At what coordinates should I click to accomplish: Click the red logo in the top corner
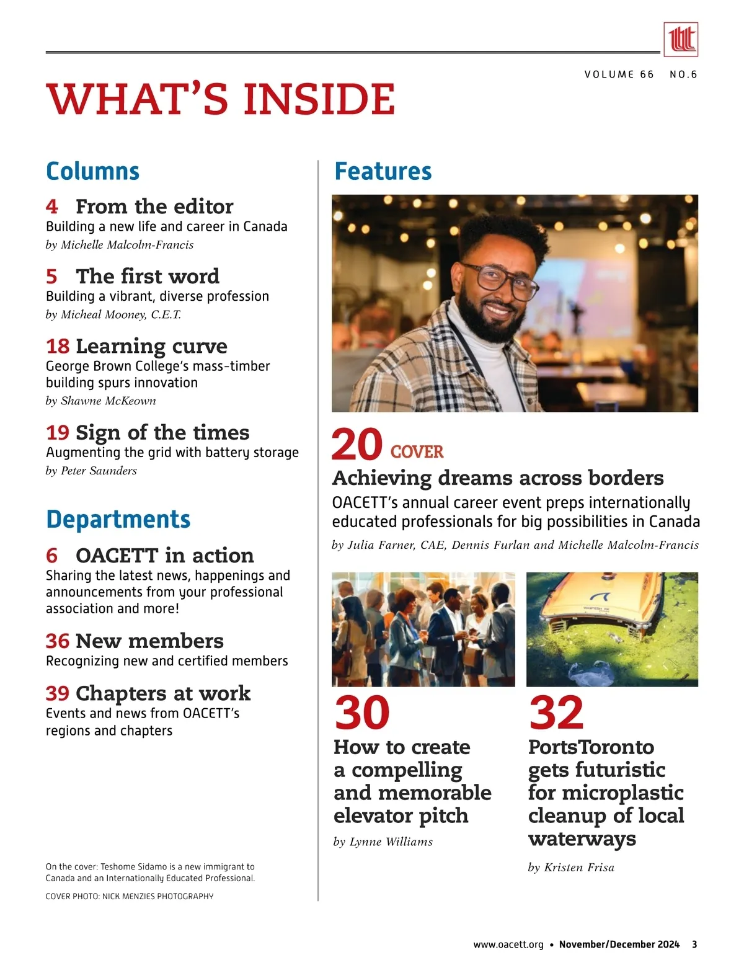click(x=680, y=39)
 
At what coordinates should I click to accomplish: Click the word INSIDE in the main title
click(x=319, y=99)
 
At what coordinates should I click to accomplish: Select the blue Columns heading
click(x=93, y=171)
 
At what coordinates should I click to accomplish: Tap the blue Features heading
click(x=383, y=171)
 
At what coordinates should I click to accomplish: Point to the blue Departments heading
click(x=118, y=519)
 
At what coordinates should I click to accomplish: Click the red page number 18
click(x=57, y=346)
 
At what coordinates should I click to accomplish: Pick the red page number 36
click(x=57, y=641)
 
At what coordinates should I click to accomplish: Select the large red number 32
click(x=556, y=713)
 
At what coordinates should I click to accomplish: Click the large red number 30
click(x=362, y=713)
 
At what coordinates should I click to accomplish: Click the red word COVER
click(x=417, y=452)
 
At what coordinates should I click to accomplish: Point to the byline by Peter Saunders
click(x=91, y=471)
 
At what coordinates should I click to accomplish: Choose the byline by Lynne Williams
click(x=383, y=842)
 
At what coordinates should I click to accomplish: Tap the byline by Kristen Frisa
click(x=571, y=867)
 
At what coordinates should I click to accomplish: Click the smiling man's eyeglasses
click(x=501, y=279)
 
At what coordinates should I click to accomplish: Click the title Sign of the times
click(x=162, y=432)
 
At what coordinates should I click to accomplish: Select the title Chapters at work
click(x=163, y=693)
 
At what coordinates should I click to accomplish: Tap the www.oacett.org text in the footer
click(x=508, y=944)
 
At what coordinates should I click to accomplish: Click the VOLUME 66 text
click(x=619, y=74)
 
